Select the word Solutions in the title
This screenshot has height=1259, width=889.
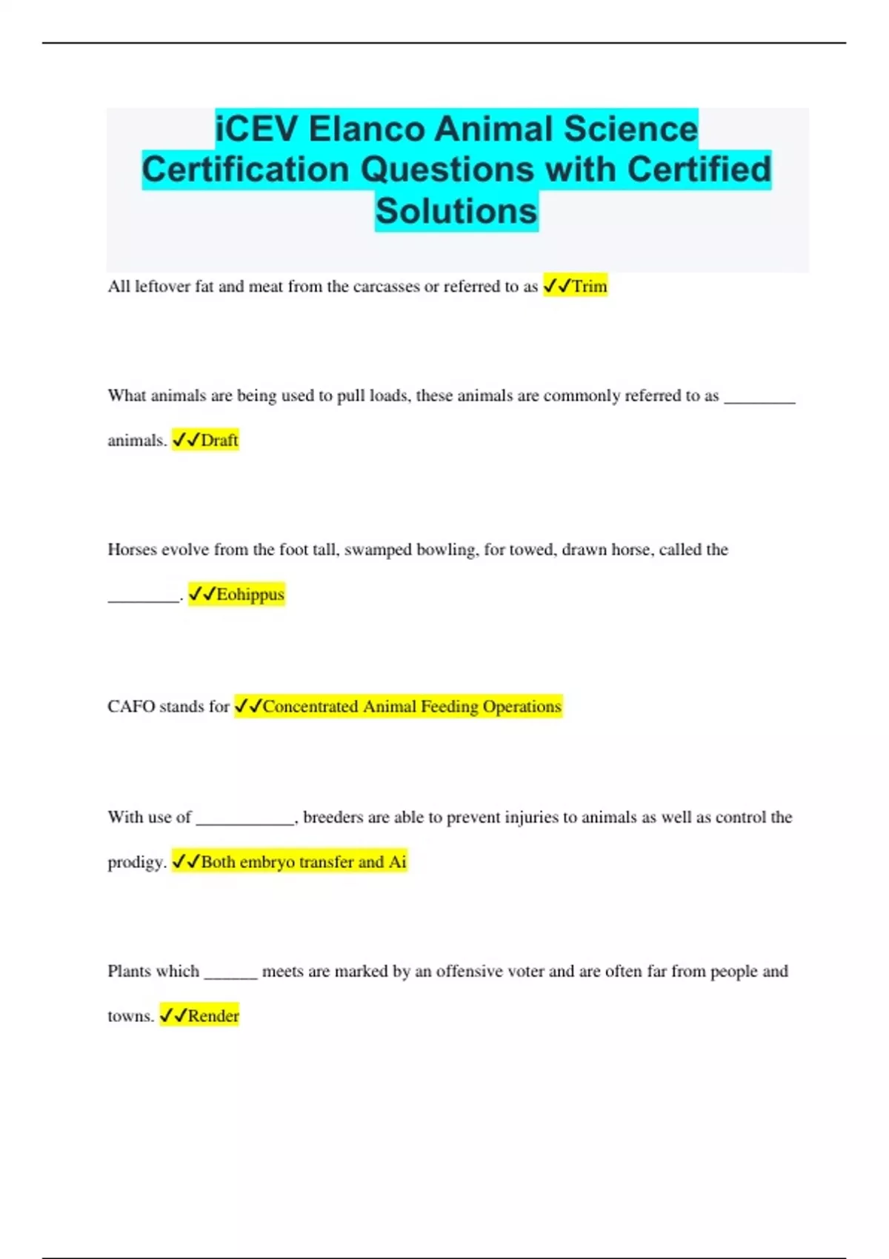pos(456,211)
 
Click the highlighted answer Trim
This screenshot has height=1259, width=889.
pos(590,286)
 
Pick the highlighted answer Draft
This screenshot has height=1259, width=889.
pos(219,440)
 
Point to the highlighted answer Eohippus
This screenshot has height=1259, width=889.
pos(250,594)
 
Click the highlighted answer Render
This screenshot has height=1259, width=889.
pos(213,1015)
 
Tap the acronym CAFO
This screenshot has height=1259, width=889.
pos(130,707)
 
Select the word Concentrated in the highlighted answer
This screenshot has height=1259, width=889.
pos(310,707)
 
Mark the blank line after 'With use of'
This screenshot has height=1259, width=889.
pos(245,822)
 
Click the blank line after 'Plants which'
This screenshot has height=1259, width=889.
pos(230,977)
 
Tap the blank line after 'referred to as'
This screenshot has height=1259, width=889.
pos(759,401)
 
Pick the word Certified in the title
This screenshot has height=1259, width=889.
pos(699,170)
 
